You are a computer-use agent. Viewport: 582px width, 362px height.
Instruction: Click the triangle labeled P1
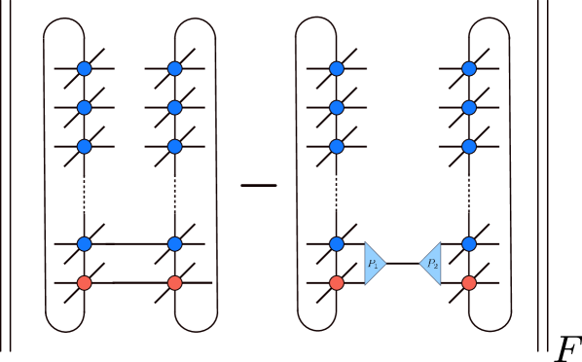point(374,264)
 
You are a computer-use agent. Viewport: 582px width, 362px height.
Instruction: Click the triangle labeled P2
point(431,264)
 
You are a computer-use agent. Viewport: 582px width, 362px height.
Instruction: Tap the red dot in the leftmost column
point(84,283)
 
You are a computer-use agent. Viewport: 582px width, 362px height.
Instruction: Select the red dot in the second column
point(174,283)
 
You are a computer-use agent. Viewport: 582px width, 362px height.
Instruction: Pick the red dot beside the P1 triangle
point(337,283)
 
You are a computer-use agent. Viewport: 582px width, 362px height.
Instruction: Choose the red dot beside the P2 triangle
point(469,283)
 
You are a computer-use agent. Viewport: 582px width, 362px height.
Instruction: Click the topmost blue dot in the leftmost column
point(84,68)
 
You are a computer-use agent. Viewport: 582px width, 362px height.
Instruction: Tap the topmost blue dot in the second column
point(174,68)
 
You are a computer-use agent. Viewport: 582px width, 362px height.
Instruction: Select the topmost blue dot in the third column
point(337,68)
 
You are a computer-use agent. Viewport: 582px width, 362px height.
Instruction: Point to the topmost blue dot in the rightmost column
point(469,68)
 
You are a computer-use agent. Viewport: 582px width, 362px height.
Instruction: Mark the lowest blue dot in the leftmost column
point(84,244)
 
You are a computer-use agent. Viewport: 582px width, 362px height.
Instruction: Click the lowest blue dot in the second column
point(174,244)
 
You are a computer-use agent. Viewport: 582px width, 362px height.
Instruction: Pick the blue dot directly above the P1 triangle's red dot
point(337,244)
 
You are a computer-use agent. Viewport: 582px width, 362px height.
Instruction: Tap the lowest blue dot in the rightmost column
point(469,244)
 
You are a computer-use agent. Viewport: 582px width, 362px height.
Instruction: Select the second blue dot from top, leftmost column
point(84,107)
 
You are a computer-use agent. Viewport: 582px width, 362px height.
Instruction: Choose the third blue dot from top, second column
point(174,147)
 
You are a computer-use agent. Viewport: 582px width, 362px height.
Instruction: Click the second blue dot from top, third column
point(337,107)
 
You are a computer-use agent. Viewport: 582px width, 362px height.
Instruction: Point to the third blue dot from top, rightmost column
point(469,147)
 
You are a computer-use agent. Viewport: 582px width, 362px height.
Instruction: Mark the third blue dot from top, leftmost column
point(84,147)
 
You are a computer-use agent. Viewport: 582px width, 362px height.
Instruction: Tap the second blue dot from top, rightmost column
point(469,107)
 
